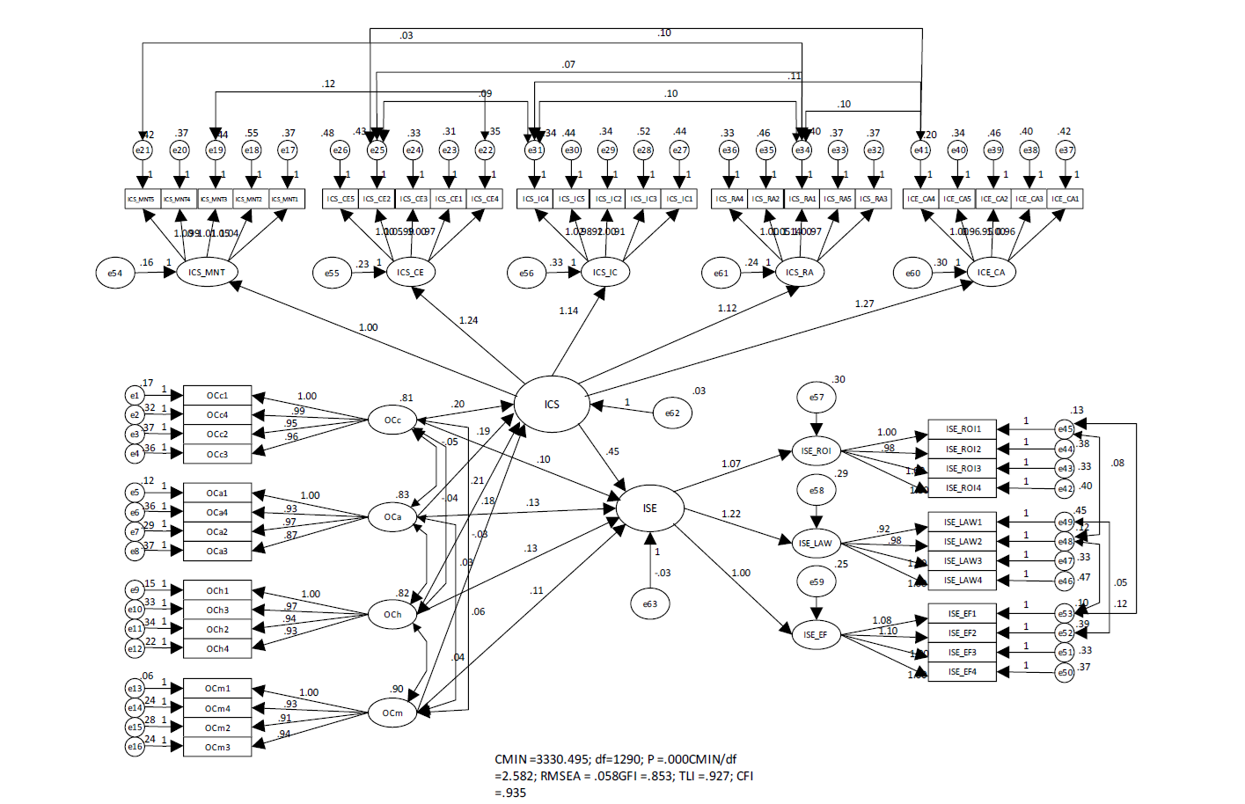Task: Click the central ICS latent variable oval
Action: (x=552, y=405)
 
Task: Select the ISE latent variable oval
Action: (x=649, y=508)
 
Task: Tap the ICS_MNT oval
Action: (x=207, y=273)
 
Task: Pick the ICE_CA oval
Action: (x=991, y=273)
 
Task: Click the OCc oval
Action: (x=392, y=420)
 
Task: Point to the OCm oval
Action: (x=392, y=713)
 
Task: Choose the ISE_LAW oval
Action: (x=816, y=543)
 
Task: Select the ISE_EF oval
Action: (x=816, y=634)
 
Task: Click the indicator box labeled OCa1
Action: (x=217, y=493)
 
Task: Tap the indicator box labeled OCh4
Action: (x=217, y=649)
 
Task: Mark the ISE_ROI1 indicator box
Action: (x=963, y=429)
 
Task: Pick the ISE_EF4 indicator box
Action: (x=963, y=672)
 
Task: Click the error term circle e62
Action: (x=672, y=413)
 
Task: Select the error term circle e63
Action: (x=649, y=603)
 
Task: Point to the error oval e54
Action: (x=115, y=274)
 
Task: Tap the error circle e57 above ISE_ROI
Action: (x=817, y=398)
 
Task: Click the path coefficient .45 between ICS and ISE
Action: (x=612, y=452)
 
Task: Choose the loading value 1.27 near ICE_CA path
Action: (x=864, y=304)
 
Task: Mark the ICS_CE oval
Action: (x=410, y=273)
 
